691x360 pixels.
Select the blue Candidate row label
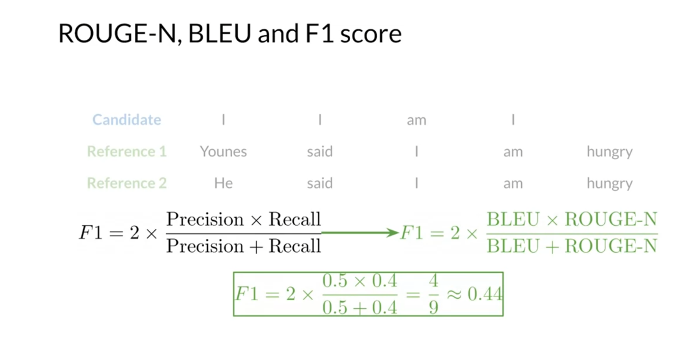(127, 120)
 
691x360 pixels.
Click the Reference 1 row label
(127, 152)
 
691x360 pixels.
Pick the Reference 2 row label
(127, 183)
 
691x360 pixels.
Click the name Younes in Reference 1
(223, 152)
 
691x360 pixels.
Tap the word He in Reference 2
(223, 183)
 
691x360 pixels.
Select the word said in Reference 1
(320, 152)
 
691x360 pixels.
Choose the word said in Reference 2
(320, 183)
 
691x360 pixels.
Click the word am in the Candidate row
(416, 120)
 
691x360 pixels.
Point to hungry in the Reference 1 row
(609, 152)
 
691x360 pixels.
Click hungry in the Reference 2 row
(609, 183)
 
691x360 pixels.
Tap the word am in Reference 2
(512, 183)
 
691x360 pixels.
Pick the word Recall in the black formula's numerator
(295, 220)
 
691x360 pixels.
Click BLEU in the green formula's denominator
(512, 246)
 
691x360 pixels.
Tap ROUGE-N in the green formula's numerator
(611, 220)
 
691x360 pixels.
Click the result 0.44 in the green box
(484, 294)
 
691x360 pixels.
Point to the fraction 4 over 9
(433, 294)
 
